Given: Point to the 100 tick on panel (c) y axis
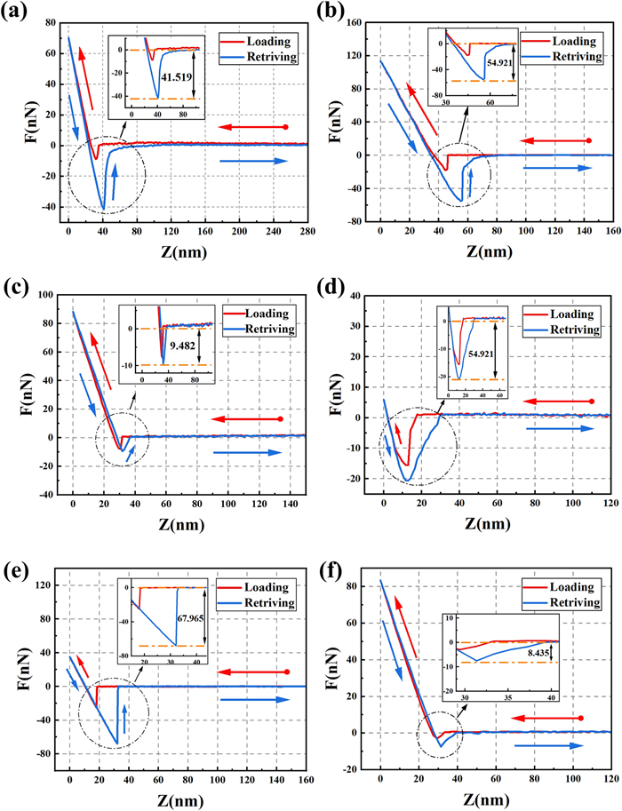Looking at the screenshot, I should (x=52, y=293).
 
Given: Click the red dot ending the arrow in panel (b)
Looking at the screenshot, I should (x=588, y=140).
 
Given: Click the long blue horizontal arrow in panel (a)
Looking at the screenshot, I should (x=252, y=161).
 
